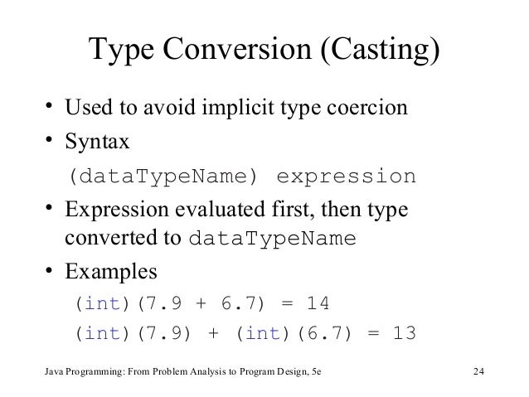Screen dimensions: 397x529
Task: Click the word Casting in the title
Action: (378, 54)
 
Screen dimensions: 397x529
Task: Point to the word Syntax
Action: (97, 143)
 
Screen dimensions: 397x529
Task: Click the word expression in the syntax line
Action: (344, 177)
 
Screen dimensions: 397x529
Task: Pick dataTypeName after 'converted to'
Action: (272, 240)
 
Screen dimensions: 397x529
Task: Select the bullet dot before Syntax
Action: (51, 143)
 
